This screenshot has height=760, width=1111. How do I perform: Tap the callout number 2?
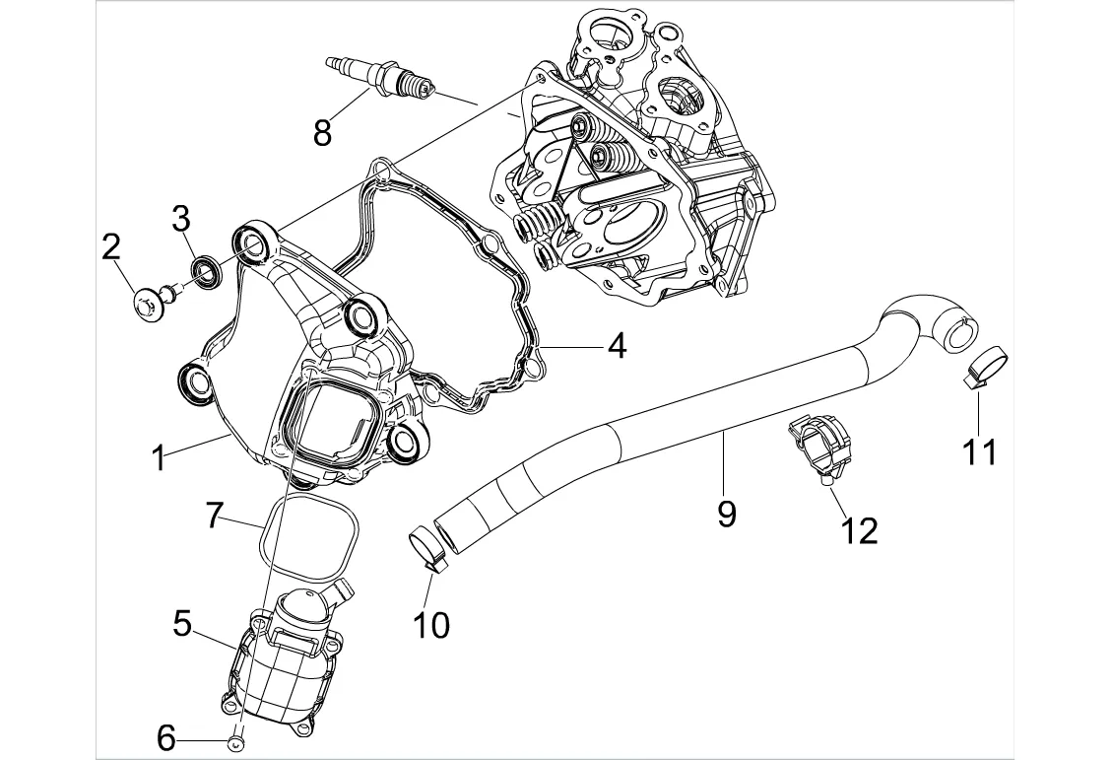[112, 247]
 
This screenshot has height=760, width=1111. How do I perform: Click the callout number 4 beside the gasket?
[616, 346]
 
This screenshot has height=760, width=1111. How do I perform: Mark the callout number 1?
[158, 457]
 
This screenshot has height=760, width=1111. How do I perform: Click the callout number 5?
[181, 623]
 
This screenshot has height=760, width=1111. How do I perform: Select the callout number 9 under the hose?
[726, 513]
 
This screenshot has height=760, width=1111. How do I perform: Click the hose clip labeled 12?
[820, 446]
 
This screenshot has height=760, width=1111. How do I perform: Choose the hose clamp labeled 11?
[983, 366]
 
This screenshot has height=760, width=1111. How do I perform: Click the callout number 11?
[979, 451]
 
